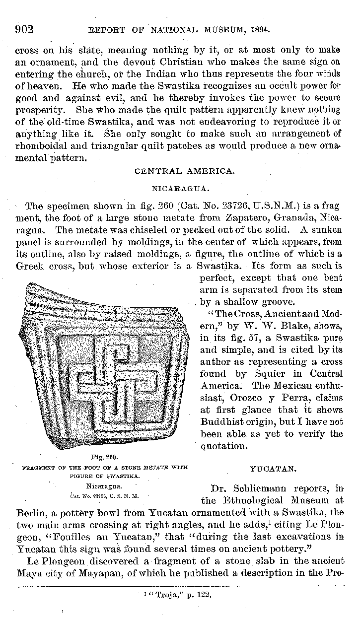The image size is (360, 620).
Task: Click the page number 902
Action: tap(23, 29)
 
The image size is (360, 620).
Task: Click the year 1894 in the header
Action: tap(259, 30)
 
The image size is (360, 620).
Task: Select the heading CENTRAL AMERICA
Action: tap(184, 171)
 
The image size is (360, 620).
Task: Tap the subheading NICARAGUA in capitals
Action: tap(184, 189)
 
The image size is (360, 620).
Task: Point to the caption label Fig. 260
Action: tap(104, 456)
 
